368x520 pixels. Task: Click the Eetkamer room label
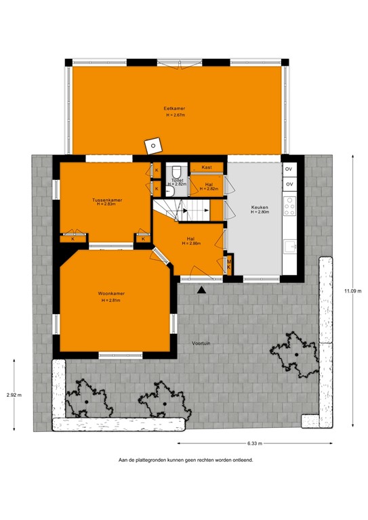pos(174,108)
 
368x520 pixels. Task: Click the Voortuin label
pos(201,344)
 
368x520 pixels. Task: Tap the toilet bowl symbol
pos(176,171)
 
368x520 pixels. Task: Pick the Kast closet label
pos(207,167)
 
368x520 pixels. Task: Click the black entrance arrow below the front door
pos(201,290)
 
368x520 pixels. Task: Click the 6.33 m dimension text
pos(255,443)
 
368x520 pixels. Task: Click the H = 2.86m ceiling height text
pos(191,244)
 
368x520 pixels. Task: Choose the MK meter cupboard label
pos(229,265)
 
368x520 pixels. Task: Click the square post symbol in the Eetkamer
pos(155,144)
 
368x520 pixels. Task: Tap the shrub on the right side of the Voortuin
pos(296,353)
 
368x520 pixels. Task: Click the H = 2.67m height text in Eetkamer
pos(176,116)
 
